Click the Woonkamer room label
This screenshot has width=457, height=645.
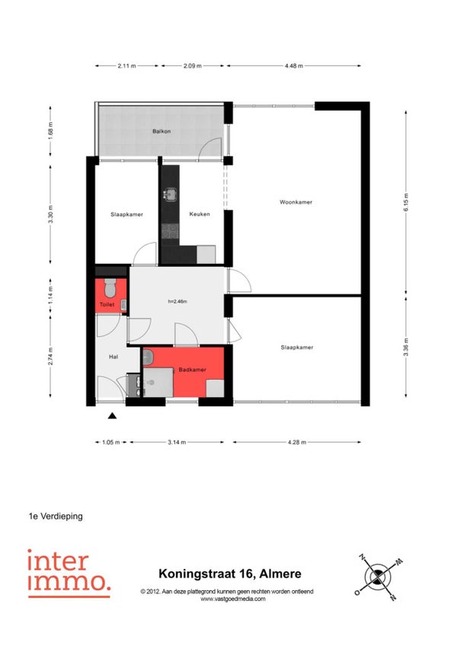click(296, 202)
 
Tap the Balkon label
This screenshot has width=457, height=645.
click(161, 132)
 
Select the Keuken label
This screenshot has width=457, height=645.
click(200, 214)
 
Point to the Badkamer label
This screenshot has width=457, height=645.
click(192, 370)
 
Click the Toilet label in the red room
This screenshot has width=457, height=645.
click(107, 304)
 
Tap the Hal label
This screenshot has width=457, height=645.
click(113, 357)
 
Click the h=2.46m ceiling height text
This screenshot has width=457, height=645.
click(177, 301)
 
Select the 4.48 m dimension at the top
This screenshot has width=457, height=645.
click(294, 65)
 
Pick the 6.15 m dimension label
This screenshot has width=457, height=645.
click(406, 202)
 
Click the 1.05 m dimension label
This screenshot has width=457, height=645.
click(111, 442)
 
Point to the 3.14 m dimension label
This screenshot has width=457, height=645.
click(177, 442)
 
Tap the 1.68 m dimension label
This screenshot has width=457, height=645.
click(51, 131)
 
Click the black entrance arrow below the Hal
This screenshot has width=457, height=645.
click(112, 416)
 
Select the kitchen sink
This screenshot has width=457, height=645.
click(170, 195)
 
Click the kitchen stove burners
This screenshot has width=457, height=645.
click(169, 231)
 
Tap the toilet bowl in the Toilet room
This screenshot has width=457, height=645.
click(110, 288)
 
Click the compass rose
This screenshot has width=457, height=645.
click(378, 577)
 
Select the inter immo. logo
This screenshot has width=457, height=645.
click(69, 573)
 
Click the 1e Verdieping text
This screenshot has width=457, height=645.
click(56, 516)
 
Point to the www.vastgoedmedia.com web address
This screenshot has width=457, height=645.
click(233, 599)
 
